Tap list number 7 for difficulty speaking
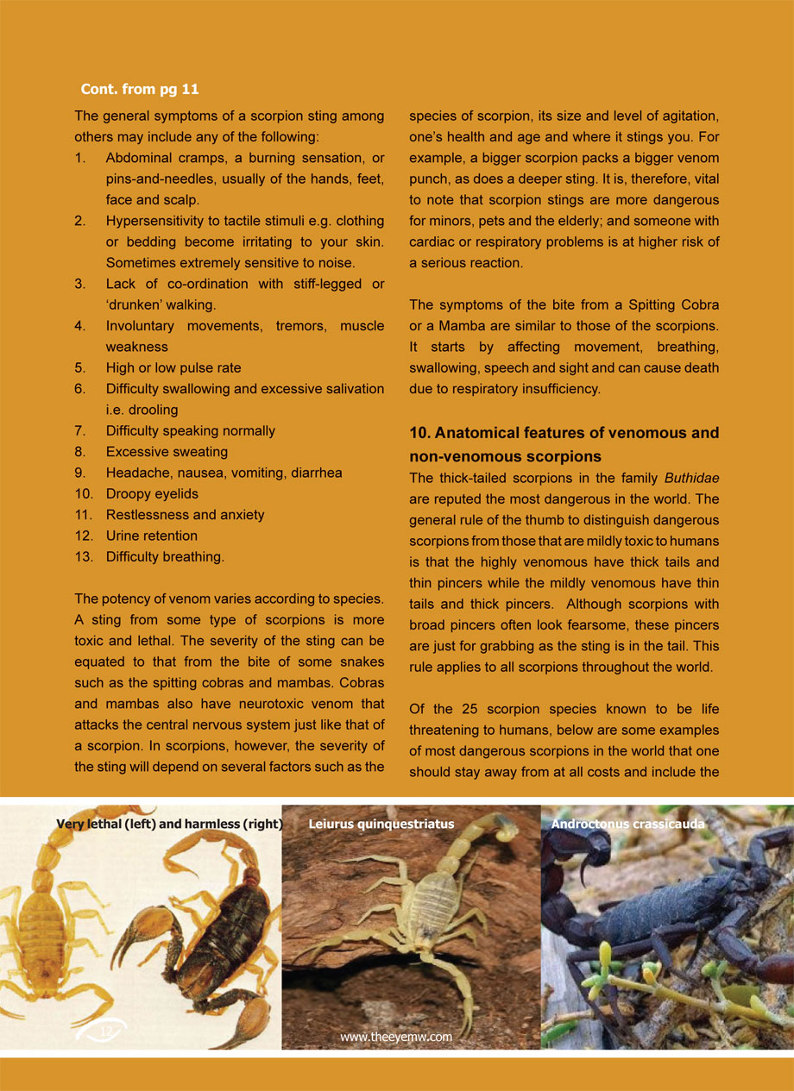[x=79, y=430]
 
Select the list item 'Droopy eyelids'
[x=152, y=493]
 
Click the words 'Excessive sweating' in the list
[x=167, y=452]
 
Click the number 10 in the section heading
[x=418, y=433]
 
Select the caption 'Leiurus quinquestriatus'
[x=381, y=825]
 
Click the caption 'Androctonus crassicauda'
[x=627, y=825]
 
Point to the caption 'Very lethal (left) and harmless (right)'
[x=169, y=825]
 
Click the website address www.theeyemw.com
[x=396, y=1038]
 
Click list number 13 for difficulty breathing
[x=83, y=556]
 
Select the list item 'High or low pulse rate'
[x=173, y=368]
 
